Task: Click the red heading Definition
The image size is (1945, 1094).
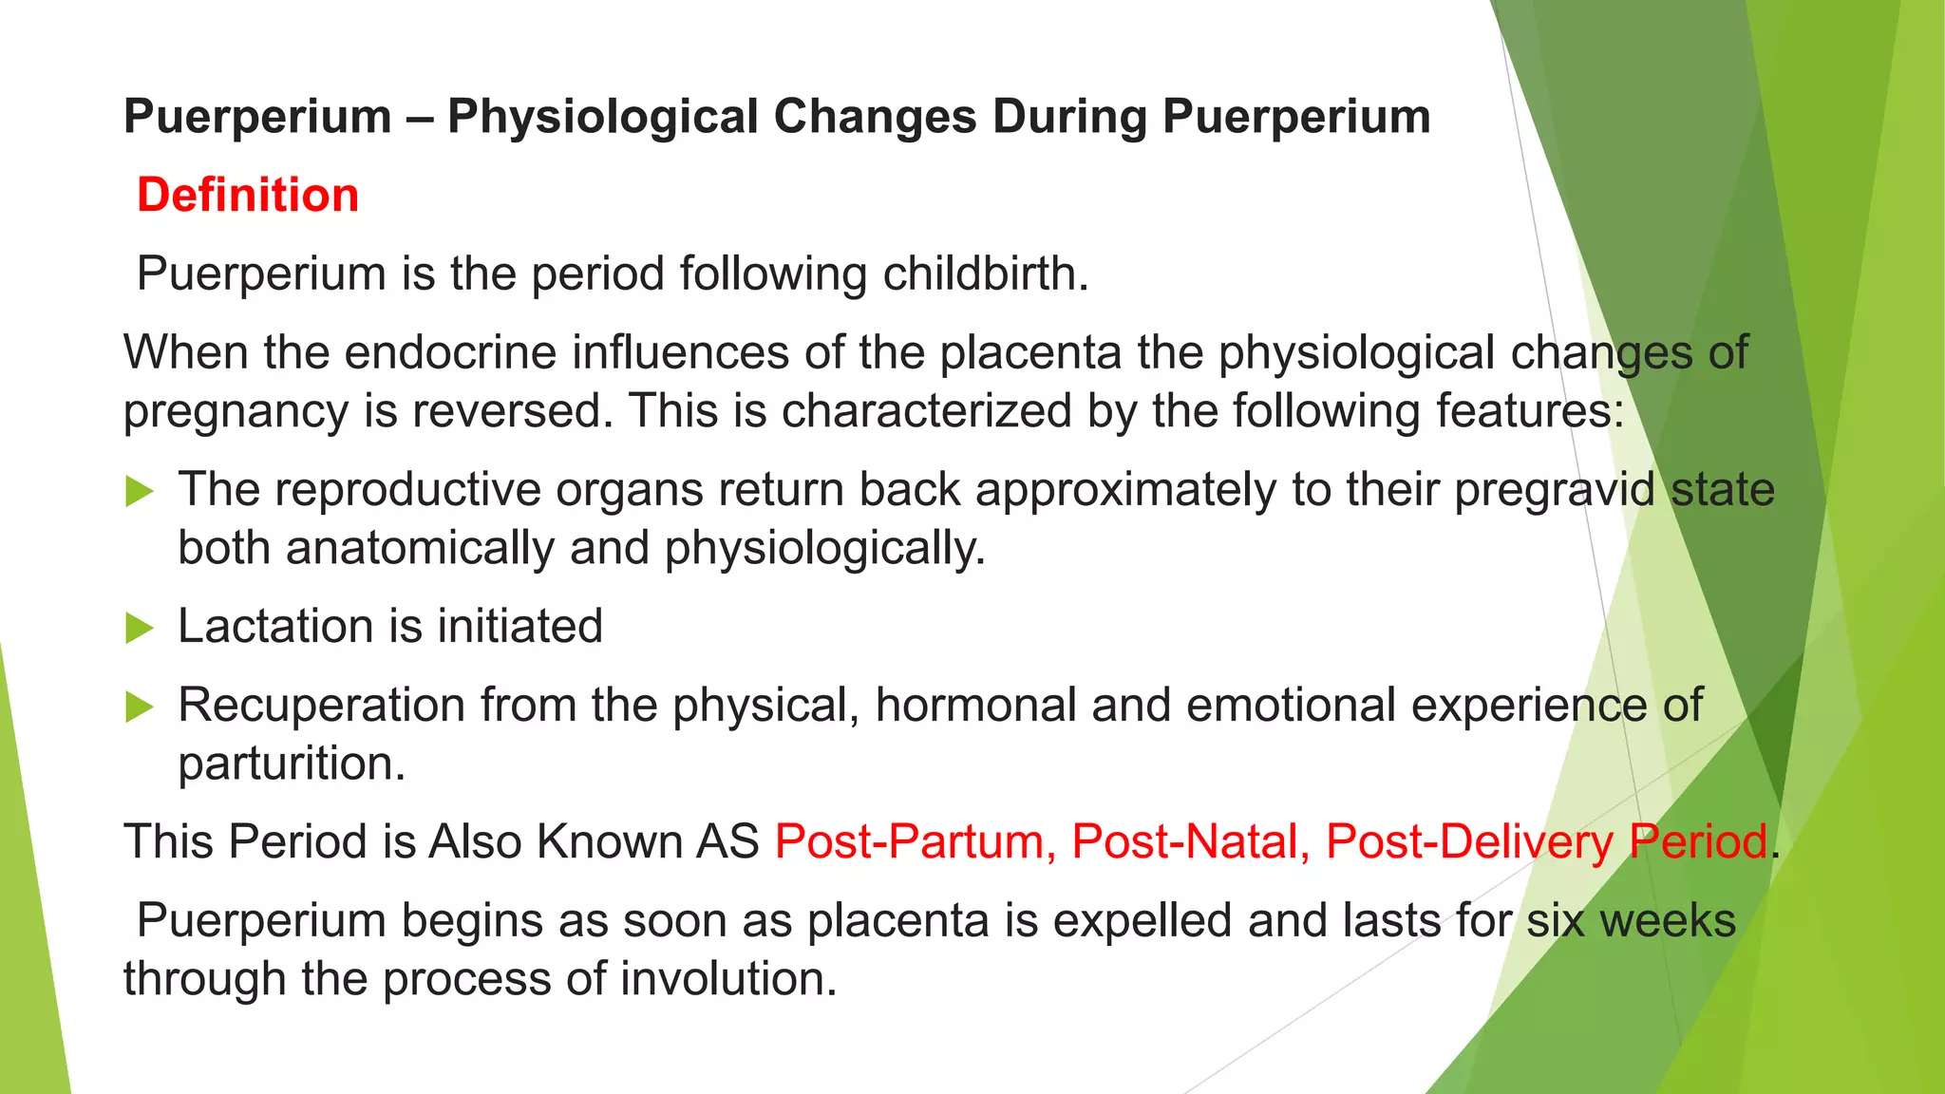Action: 248,195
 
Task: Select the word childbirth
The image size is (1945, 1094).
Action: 985,273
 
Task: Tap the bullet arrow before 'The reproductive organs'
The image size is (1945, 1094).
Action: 139,491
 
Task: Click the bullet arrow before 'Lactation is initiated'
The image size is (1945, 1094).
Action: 139,628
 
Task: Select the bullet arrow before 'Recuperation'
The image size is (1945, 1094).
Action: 139,707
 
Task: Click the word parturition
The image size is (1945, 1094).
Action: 292,764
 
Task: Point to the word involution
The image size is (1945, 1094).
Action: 729,979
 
